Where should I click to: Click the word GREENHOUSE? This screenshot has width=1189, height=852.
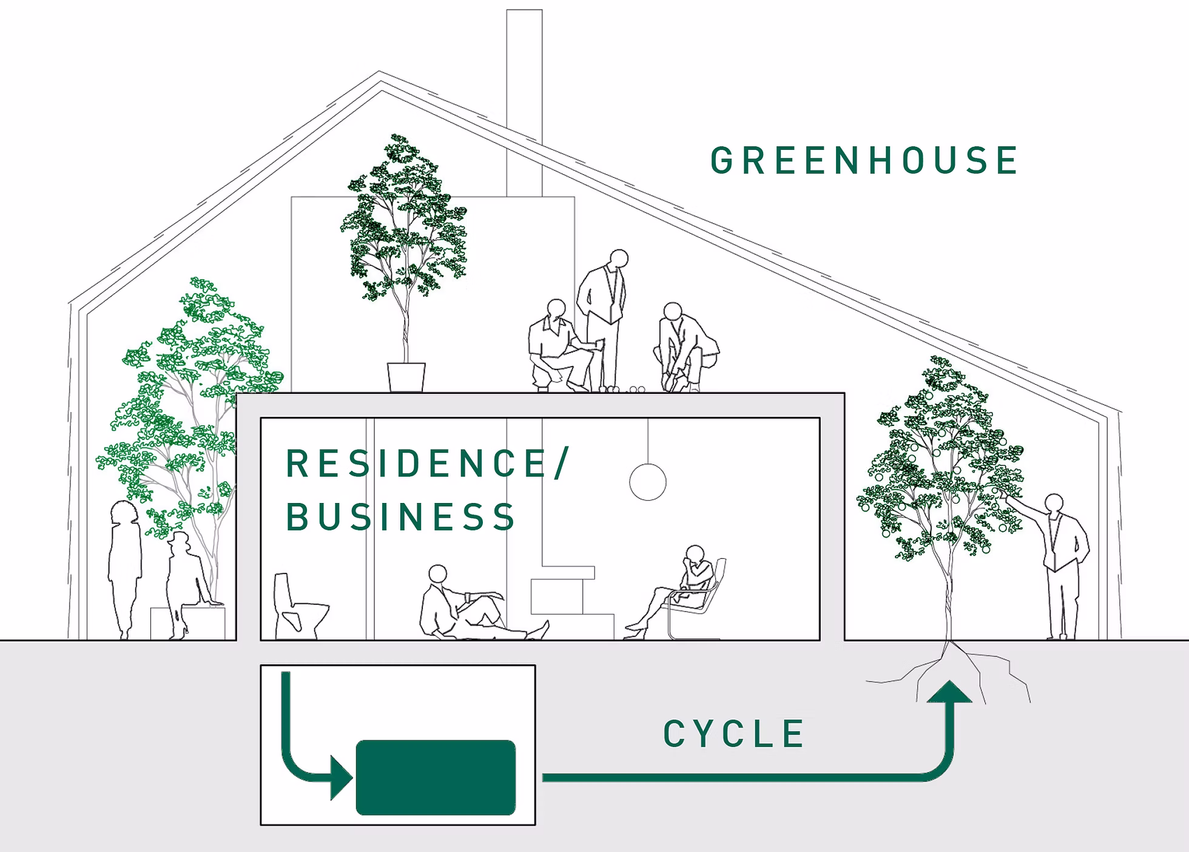pos(864,161)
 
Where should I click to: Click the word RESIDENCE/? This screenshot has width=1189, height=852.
pos(426,464)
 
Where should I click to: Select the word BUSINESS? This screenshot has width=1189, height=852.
pos(400,517)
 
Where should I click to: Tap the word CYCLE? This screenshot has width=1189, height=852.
pos(734,734)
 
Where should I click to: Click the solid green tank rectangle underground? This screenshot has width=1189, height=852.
pos(436,777)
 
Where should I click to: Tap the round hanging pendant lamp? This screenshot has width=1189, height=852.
pos(648,482)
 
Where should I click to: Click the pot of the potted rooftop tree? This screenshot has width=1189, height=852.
pos(406,376)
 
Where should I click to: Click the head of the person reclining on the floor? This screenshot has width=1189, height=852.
pos(437,573)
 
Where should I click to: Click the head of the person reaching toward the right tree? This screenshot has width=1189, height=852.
pos(1054,503)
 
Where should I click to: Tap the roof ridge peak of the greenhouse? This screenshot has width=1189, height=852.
pos(380,75)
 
